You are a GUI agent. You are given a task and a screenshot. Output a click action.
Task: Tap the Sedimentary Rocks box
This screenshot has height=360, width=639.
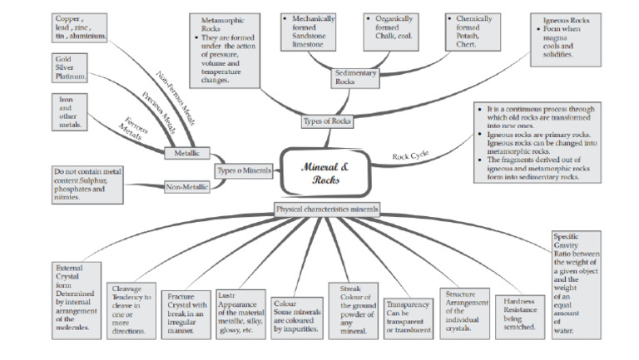point(355,77)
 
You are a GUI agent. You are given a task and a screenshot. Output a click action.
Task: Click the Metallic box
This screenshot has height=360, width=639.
point(186,153)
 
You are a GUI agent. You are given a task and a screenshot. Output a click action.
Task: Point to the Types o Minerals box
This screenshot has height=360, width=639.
point(244,170)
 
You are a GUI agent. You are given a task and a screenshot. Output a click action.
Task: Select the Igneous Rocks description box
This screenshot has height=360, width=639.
point(567,37)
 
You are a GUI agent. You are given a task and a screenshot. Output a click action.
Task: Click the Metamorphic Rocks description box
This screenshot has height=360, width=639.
point(225,50)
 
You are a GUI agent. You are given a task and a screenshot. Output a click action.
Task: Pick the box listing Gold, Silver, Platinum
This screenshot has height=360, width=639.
point(72,69)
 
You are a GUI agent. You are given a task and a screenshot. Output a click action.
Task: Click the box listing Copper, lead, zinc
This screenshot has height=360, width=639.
point(80,27)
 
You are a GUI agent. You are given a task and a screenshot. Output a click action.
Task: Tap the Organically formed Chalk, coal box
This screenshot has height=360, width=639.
point(395,32)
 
